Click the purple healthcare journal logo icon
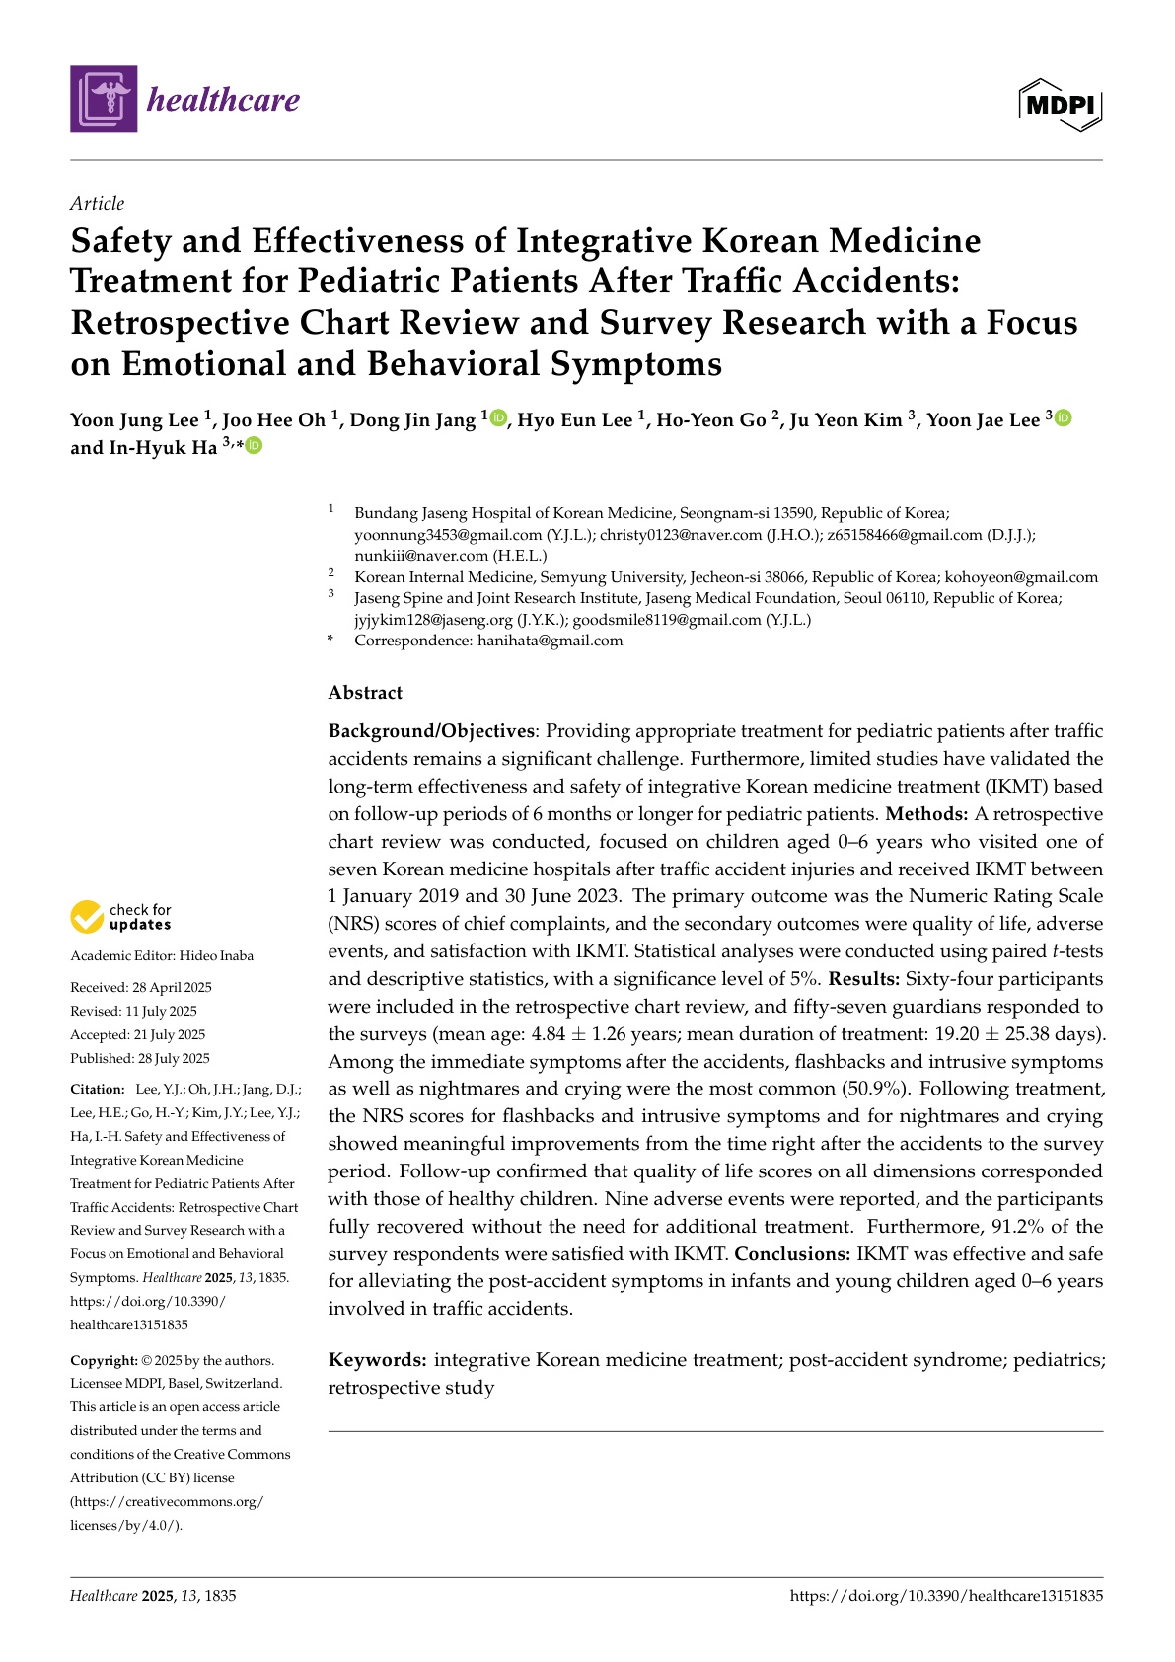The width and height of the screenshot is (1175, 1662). coord(104,99)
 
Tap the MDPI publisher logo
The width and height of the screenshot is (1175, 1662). coord(1061,104)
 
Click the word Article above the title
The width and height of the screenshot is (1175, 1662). coord(98,204)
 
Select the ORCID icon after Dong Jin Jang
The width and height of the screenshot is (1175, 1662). coord(498,418)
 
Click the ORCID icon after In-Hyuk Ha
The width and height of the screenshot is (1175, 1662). coord(255,446)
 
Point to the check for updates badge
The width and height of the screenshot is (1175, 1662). coord(120,917)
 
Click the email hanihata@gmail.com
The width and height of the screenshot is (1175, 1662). coord(551,641)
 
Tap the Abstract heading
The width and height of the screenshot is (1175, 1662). coord(365,693)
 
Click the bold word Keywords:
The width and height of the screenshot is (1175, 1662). coord(378,1360)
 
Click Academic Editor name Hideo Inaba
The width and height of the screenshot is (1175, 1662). coord(216,955)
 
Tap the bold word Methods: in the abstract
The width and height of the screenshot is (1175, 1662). coord(926,814)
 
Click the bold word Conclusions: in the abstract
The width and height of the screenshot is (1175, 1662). coord(792,1254)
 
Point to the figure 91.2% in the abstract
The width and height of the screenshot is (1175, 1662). coord(1019,1227)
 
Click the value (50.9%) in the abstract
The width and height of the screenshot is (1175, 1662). coord(874,1089)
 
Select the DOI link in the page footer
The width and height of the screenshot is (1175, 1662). coord(946,1595)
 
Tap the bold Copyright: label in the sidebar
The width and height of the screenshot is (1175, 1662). coord(104,1360)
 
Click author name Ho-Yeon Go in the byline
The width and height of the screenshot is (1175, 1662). coord(711,420)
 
